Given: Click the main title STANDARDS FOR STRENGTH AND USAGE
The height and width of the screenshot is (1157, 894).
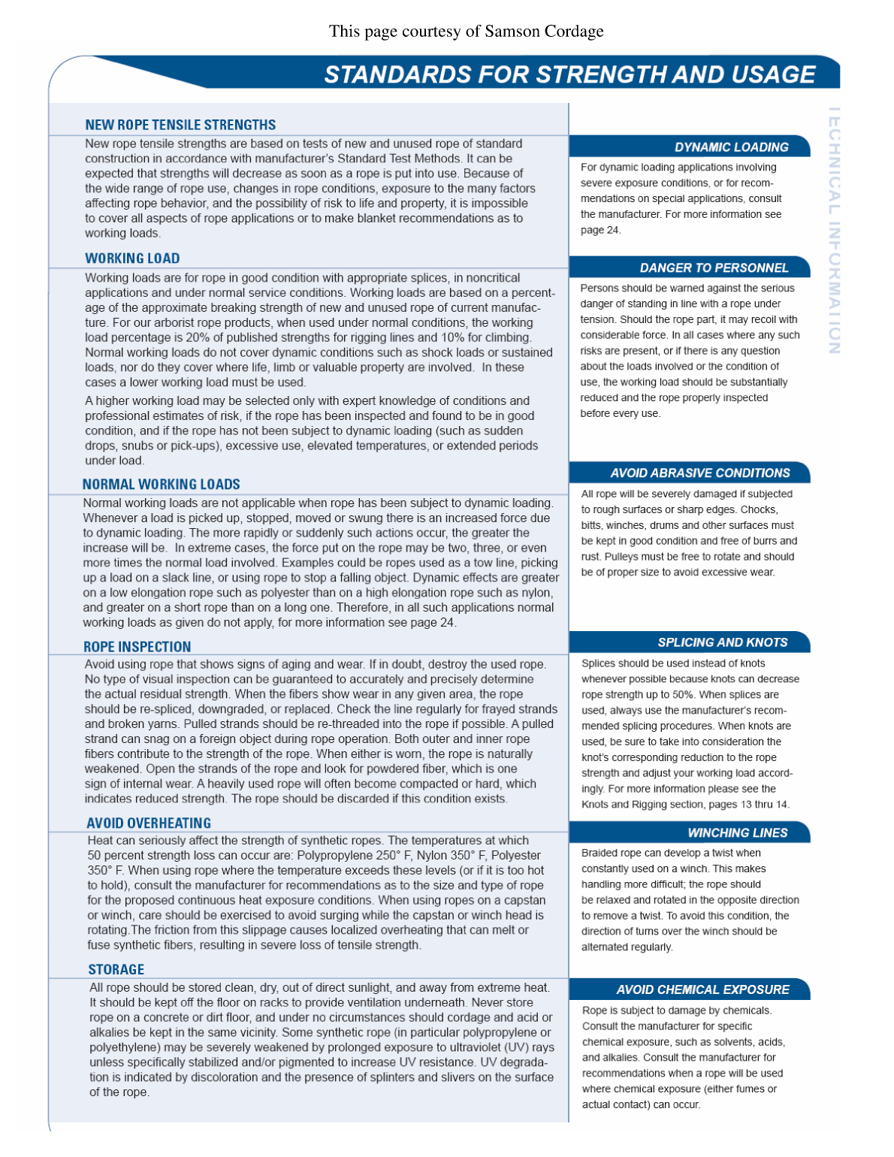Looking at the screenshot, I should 569,74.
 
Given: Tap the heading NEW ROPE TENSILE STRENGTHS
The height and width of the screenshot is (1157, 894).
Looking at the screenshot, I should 180,125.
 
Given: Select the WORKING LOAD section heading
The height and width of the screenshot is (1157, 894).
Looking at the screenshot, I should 132,258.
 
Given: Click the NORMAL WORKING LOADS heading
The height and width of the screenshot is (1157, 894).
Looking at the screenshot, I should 162,485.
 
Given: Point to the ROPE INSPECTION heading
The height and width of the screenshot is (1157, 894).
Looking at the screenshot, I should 137,647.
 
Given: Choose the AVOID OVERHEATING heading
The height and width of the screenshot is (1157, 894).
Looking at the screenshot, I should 149,823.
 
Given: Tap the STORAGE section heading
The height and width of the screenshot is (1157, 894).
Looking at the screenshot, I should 116,970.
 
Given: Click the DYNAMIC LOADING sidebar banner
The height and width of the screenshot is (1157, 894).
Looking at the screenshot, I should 731,147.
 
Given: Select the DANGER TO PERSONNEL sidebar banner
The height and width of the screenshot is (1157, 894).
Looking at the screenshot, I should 714,268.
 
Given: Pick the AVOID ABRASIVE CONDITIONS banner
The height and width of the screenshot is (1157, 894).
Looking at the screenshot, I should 699,473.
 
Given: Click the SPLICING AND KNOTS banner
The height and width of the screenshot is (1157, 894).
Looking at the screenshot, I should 722,642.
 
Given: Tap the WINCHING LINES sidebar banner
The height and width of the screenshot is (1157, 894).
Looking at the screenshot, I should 737,833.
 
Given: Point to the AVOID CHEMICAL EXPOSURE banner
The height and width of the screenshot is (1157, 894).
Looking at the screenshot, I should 702,990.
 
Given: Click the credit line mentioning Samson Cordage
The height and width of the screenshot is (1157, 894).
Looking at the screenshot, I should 466,32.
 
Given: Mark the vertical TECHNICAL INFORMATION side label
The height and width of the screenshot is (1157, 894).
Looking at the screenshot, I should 834,230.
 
